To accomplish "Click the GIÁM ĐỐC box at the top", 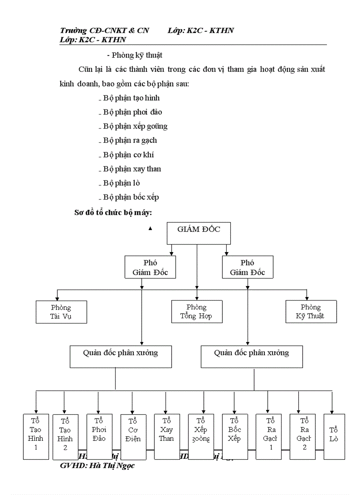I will [199, 233].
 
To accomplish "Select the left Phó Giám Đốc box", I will [150, 268].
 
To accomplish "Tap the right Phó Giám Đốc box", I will [247, 268].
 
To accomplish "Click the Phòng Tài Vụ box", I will [61, 312].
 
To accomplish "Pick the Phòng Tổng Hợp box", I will [197, 311].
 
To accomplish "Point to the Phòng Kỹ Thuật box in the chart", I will [311, 312].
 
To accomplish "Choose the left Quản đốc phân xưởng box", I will [120, 357].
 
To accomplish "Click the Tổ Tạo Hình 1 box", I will [36, 436].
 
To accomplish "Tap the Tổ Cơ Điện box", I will [133, 436].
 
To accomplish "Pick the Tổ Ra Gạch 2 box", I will [304, 436].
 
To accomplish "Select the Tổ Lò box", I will [334, 436].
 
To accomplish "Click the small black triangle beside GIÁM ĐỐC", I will [150, 228].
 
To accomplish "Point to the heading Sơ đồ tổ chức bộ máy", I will [113, 213].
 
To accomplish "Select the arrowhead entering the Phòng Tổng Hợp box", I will [197, 298].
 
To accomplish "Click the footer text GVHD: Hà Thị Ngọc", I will [97, 465].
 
